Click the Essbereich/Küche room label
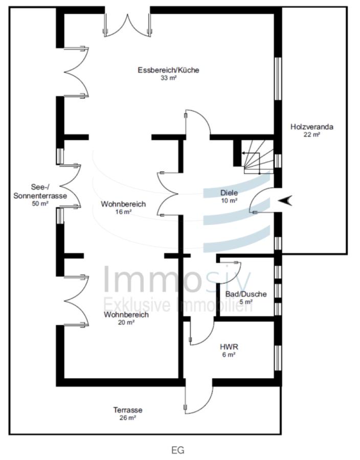point(168,70)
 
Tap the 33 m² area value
point(168,78)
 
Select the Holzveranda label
point(312,127)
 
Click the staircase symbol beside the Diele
point(258,157)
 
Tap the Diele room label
point(229,193)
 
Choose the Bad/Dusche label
point(246,294)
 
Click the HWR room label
point(229,347)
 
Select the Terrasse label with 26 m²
point(128,413)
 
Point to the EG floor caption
point(178,450)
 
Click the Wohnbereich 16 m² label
point(123,208)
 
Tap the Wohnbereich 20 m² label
point(126,318)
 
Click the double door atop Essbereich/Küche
point(128,25)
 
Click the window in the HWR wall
point(278,358)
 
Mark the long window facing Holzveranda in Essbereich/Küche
point(278,79)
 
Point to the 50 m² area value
point(40,203)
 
